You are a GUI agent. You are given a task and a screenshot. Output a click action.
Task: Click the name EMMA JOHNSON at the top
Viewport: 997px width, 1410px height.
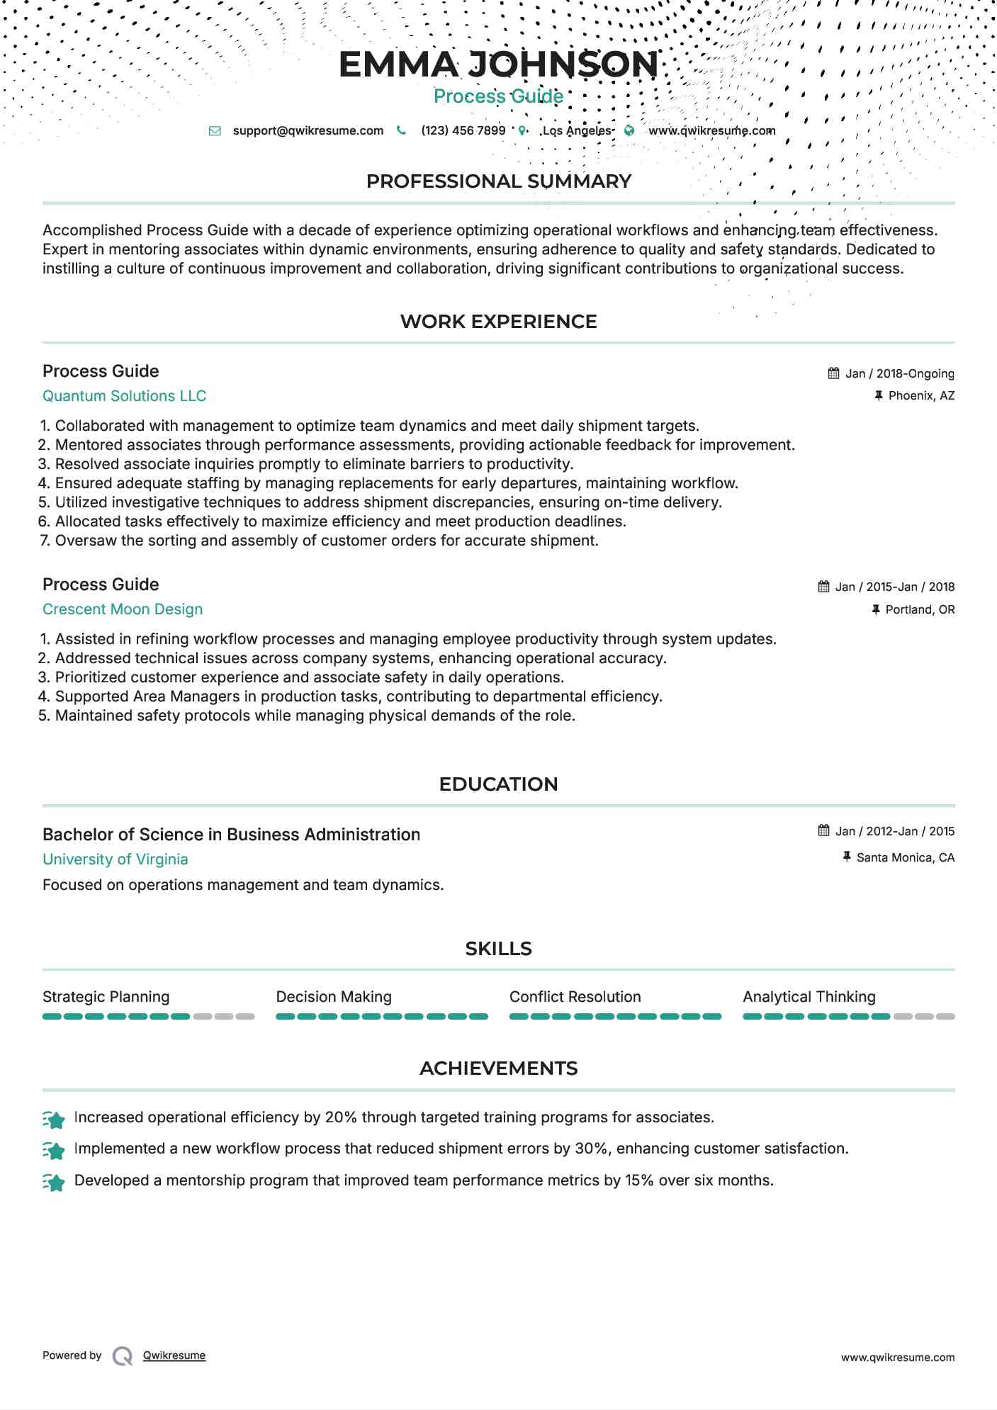coord(498,64)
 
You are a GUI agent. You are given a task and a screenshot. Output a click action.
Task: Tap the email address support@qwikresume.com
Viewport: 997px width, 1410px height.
coord(308,131)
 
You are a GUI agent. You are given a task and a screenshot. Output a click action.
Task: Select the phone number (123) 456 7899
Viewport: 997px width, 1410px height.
coord(463,131)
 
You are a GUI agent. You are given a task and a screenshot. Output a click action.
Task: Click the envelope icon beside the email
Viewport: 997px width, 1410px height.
coord(215,131)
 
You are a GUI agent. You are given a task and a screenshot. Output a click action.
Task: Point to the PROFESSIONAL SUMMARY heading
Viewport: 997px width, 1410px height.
coord(498,181)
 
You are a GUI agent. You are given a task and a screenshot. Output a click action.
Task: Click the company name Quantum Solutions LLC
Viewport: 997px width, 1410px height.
coord(124,396)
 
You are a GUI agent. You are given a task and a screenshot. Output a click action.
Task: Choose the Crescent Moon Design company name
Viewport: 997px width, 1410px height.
coord(123,609)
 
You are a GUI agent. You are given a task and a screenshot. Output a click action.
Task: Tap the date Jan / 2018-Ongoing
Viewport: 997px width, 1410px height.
coord(899,374)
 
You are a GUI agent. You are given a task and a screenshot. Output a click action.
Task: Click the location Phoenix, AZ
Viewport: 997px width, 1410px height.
coord(921,396)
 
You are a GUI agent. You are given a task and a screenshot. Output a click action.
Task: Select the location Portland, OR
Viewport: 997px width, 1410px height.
coord(920,610)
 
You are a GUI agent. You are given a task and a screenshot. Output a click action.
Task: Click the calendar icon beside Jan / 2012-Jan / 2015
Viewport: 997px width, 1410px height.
coord(823,830)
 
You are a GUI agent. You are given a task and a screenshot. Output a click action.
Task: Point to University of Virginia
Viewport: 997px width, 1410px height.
coord(116,859)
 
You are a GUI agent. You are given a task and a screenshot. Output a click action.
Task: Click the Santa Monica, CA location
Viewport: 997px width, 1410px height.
coord(905,858)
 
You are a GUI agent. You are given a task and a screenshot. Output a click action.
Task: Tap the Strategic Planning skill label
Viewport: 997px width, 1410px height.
coord(106,997)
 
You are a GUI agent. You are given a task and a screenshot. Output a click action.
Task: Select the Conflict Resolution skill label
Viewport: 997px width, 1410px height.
coord(575,997)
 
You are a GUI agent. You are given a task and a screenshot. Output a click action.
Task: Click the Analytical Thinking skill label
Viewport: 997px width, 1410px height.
coord(809,997)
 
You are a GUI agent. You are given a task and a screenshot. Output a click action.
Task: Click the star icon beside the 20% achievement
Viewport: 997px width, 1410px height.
coord(54,1119)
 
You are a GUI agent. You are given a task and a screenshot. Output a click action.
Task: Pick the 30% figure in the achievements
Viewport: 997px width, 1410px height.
coord(591,1149)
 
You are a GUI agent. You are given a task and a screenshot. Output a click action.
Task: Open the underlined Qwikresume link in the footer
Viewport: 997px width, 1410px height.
coord(174,1355)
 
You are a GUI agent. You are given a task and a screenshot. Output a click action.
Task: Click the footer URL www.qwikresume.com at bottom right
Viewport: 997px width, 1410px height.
coord(897,1358)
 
